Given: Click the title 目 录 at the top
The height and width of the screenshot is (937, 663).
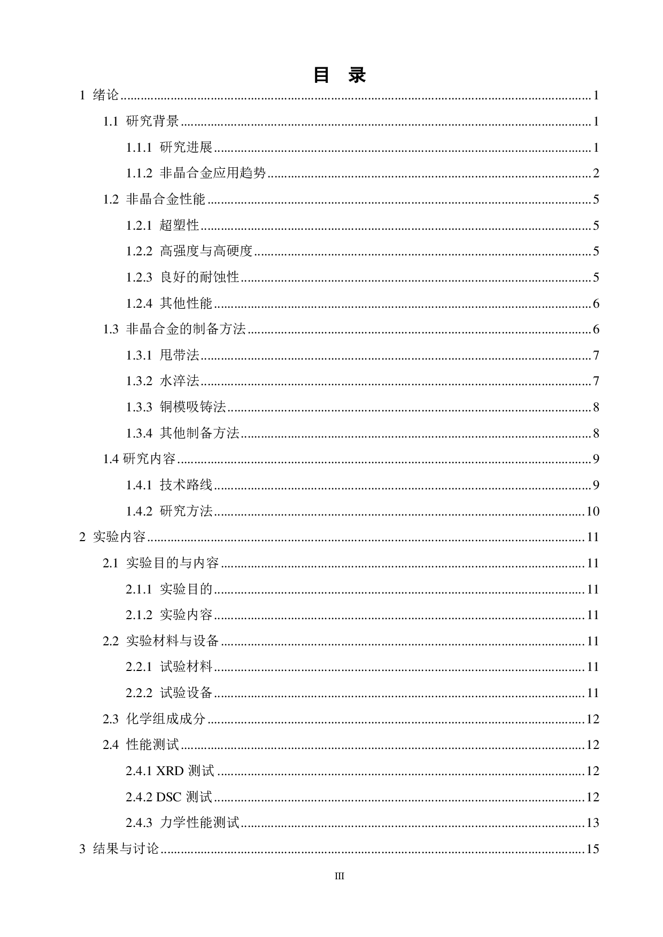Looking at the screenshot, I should (x=339, y=75).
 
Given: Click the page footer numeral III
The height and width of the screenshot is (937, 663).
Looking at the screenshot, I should (x=339, y=876).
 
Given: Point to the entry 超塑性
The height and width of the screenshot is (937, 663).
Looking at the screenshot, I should (x=179, y=225).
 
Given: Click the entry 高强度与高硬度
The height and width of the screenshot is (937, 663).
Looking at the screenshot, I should (x=206, y=251).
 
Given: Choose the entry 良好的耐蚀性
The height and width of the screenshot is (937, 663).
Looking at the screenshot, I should (x=199, y=277).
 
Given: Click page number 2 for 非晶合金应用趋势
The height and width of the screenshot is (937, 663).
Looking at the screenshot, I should (x=596, y=174).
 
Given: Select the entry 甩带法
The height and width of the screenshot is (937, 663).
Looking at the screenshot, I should (x=179, y=355).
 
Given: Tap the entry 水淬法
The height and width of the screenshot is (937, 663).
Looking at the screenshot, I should (x=179, y=381).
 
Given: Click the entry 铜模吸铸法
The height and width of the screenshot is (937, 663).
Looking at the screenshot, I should (x=192, y=407).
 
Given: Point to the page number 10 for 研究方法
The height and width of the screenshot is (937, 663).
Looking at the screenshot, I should (x=592, y=511).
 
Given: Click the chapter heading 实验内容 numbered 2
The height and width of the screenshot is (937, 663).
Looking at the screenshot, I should (x=119, y=537).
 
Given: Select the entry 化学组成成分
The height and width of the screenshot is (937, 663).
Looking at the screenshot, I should (x=166, y=719).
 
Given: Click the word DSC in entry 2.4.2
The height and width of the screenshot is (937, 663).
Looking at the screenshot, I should (x=169, y=797).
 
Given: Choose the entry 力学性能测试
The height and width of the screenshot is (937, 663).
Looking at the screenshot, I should (x=199, y=823).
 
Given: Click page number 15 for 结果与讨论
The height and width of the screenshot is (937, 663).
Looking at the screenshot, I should (x=592, y=849).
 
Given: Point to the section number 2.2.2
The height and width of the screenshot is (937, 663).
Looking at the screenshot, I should (x=139, y=693).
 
